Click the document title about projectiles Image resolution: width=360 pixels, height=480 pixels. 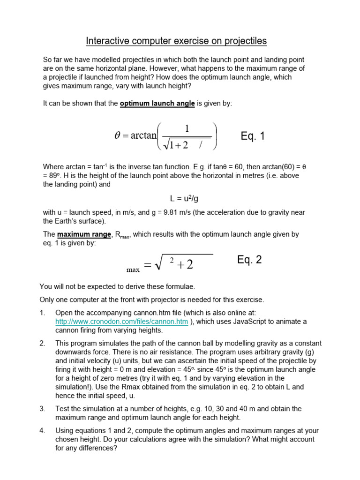(x=176, y=41)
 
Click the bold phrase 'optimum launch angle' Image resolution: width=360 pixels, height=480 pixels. (x=157, y=104)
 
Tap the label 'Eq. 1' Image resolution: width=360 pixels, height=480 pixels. (x=253, y=136)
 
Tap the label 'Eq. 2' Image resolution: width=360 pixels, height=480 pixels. (x=249, y=260)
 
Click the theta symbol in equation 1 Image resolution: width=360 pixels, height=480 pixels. (x=118, y=136)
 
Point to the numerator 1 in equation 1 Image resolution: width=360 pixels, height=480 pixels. (x=187, y=128)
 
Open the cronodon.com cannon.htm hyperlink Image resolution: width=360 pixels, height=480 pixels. (x=121, y=321)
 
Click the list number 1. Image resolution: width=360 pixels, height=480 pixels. (x=42, y=313)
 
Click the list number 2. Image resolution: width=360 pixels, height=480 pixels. (x=42, y=344)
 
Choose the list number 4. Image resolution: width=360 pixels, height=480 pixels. (x=42, y=430)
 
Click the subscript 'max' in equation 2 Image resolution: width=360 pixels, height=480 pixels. (x=133, y=270)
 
